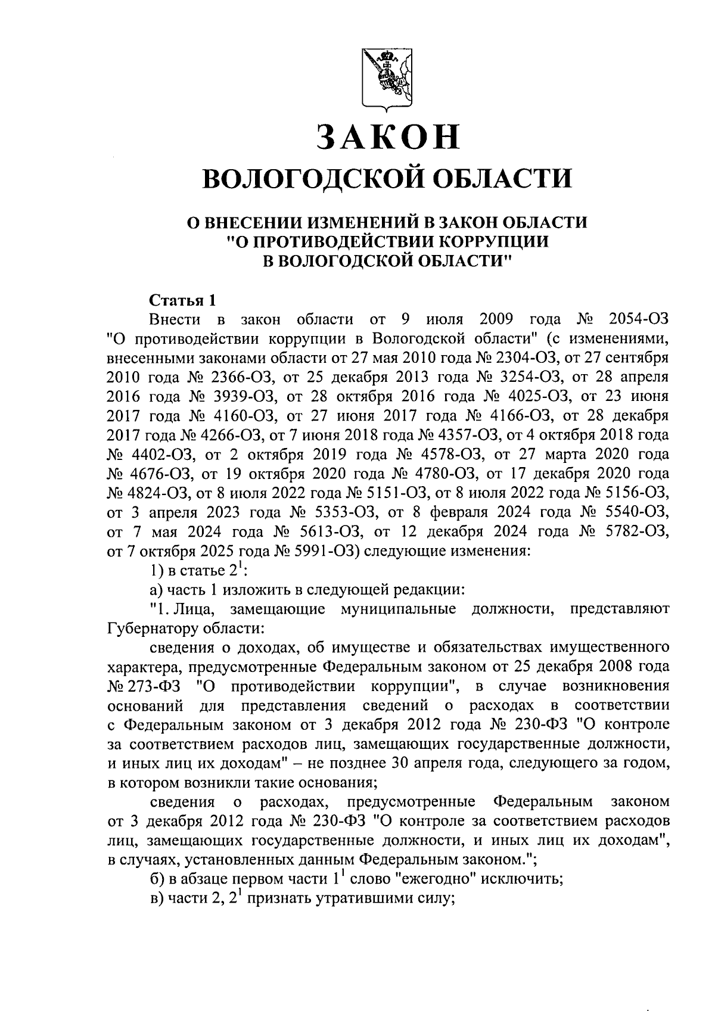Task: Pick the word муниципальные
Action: (399, 609)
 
